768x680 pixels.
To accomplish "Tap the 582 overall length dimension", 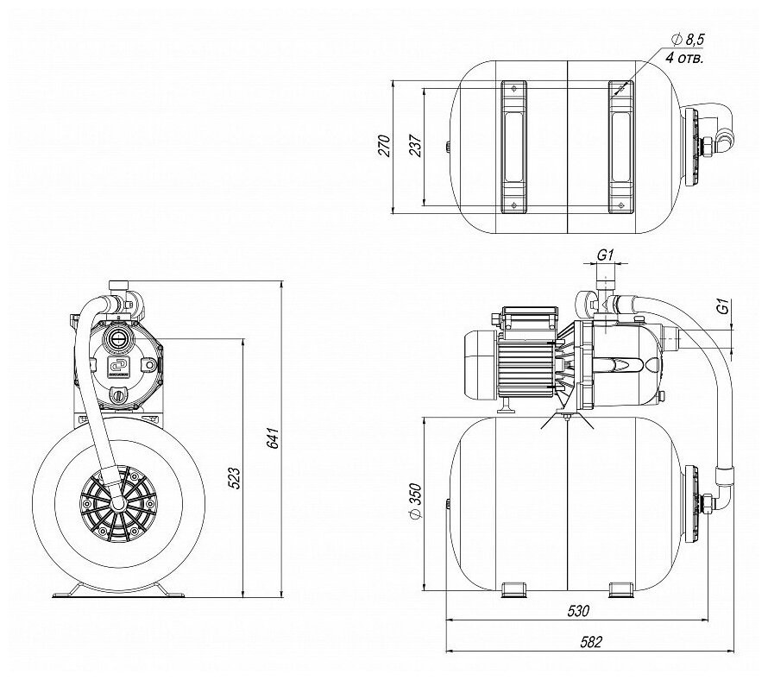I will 592,643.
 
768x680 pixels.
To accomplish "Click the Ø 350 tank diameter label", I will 413,501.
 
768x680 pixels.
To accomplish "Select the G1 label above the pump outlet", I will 604,255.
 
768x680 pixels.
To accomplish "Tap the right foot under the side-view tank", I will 620,591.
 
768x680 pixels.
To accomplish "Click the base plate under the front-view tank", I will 118,593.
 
